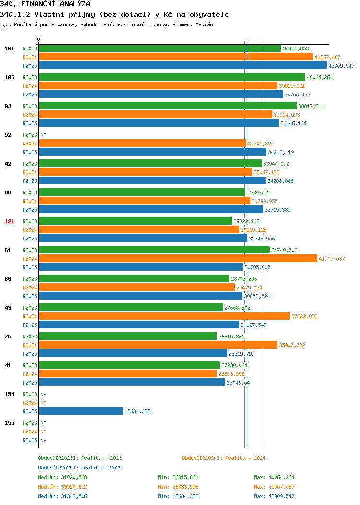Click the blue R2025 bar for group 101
click(x=183, y=65)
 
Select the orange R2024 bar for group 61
click(x=178, y=258)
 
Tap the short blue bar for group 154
click(x=81, y=411)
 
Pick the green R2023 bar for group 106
click(x=172, y=77)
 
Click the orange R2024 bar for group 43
click(x=165, y=316)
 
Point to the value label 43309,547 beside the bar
click(x=341, y=66)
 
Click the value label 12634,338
click(x=137, y=411)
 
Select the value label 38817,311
click(x=311, y=106)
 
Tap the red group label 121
click(x=9, y=221)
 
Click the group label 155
click(x=9, y=423)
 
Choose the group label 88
click(x=8, y=192)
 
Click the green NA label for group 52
click(x=44, y=135)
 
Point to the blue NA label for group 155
click(x=44, y=440)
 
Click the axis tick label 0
click(x=39, y=39)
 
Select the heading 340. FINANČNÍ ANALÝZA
click(x=45, y=4)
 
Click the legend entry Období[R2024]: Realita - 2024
click(x=224, y=458)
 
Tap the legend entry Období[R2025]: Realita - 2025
click(x=80, y=468)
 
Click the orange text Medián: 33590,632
click(x=62, y=487)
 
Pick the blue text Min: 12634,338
click(x=178, y=496)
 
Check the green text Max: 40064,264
click(x=274, y=477)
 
